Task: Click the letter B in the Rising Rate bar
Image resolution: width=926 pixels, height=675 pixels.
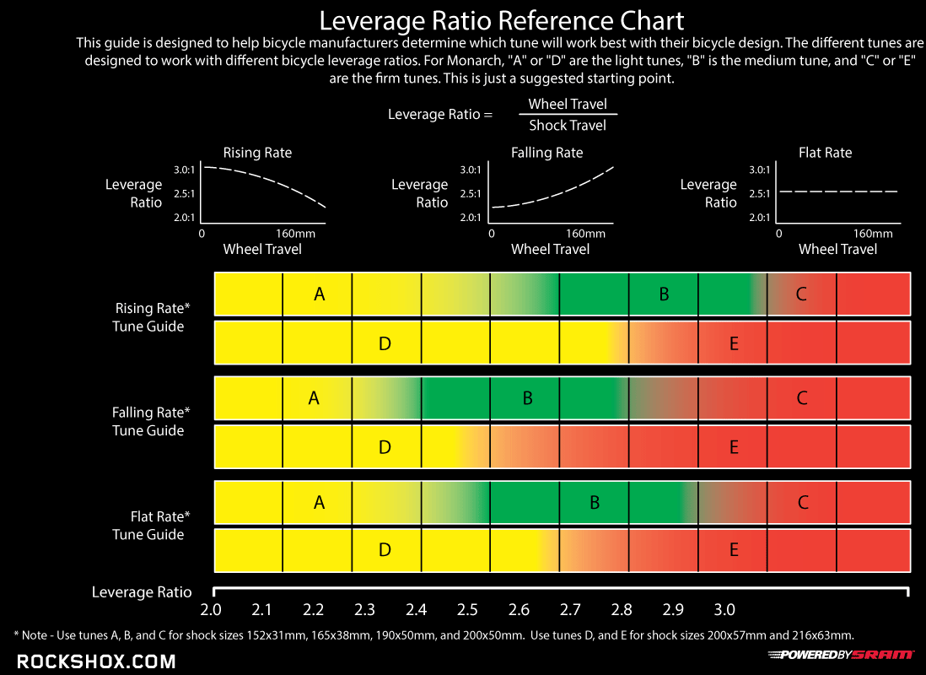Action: [665, 294]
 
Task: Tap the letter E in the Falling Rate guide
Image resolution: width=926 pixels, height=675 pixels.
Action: [734, 447]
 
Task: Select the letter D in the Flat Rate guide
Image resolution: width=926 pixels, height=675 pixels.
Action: [385, 550]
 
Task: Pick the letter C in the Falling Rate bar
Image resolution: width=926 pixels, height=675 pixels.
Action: [802, 398]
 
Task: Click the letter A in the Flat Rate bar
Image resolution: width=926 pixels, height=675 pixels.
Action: [319, 503]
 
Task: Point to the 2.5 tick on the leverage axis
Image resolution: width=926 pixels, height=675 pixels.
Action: [467, 610]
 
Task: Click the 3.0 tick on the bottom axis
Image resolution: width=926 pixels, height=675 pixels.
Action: [724, 610]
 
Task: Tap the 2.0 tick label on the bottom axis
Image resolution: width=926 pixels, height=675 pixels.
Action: [211, 610]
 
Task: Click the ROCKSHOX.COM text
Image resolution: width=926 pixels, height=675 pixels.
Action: [96, 661]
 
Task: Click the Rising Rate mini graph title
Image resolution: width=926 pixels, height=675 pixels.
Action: [257, 153]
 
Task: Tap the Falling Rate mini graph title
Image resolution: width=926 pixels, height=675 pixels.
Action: [546, 153]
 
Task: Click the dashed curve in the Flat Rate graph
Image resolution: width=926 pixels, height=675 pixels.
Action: [838, 192]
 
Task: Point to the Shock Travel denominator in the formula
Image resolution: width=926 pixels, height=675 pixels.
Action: [567, 126]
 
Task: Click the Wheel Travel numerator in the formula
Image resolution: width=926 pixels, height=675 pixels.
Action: [567, 104]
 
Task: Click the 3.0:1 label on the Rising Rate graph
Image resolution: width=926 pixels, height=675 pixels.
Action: [185, 170]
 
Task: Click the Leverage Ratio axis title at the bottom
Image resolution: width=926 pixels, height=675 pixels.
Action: [142, 592]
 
